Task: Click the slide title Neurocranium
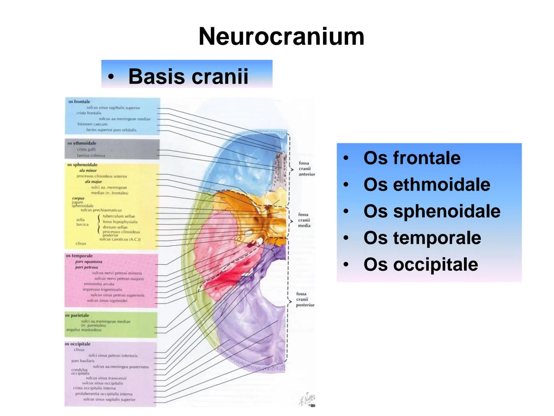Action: [x=281, y=37]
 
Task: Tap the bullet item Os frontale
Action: [x=412, y=158]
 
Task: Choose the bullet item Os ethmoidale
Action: [x=427, y=185]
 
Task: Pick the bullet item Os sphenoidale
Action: [x=432, y=211]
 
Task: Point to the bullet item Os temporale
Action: [x=422, y=238]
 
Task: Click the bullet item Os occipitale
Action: [x=421, y=264]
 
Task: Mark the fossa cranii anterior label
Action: [x=306, y=169]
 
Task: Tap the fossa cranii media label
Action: [x=304, y=220]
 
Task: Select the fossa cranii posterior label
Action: [x=305, y=299]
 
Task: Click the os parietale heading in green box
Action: [x=77, y=315]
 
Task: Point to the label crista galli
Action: [x=86, y=149]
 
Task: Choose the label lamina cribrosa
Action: [x=91, y=156]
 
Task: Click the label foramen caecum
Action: [x=92, y=124]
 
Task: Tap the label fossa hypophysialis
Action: [x=120, y=222]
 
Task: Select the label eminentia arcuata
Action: [x=99, y=284]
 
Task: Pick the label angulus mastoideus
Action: [x=84, y=330]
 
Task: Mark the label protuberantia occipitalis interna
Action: [x=103, y=394]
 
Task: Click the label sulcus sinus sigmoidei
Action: [x=107, y=300]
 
